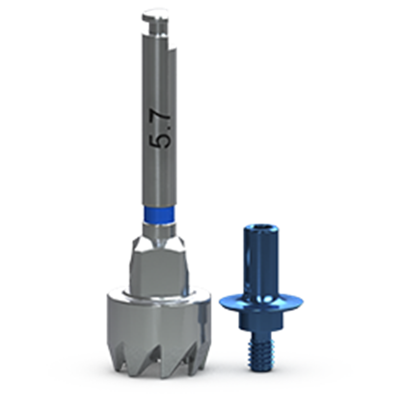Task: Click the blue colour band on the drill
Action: point(158,214)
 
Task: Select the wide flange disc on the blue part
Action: point(261,302)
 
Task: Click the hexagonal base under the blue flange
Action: point(260,322)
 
